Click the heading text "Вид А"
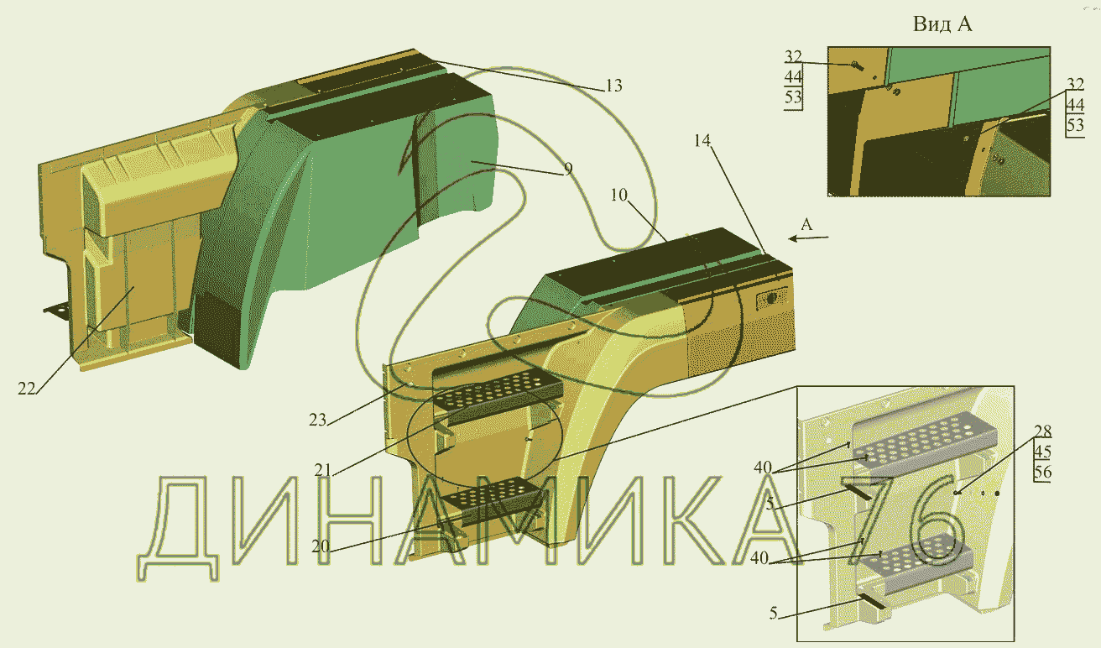[x=942, y=24]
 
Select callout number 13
[x=613, y=86]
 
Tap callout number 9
[x=568, y=169]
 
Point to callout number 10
[x=618, y=196]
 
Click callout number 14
[x=702, y=141]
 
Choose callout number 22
[x=27, y=389]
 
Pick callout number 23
[x=317, y=420]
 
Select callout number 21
[x=322, y=471]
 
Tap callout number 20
[x=321, y=546]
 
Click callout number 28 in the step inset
[x=1042, y=431]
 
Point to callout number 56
[x=1042, y=472]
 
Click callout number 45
[x=1042, y=452]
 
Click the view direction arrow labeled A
[x=809, y=238]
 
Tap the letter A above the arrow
[x=806, y=225]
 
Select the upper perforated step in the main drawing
[x=497, y=391]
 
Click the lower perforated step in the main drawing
[x=493, y=494]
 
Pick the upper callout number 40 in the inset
[x=763, y=468]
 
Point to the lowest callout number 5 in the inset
[x=774, y=613]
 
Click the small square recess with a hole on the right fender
[x=771, y=299]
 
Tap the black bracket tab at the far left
[x=56, y=311]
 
